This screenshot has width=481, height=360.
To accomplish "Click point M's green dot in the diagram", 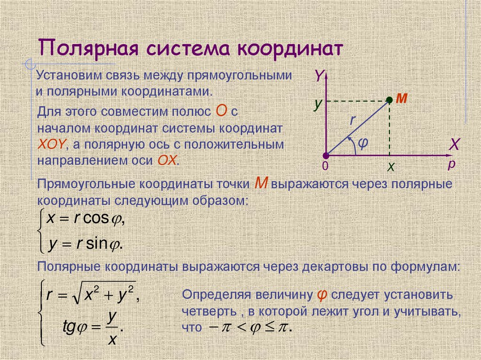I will [x=389, y=100].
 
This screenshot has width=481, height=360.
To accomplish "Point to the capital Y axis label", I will [x=319, y=76].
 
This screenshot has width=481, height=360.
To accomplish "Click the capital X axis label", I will [x=453, y=144].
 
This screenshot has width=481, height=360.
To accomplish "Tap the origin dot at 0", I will [x=326, y=155].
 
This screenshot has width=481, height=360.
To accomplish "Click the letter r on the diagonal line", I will [x=352, y=120].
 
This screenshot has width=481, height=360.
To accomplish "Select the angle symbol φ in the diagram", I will [x=362, y=142].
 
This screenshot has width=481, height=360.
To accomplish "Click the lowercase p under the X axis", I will [x=451, y=164].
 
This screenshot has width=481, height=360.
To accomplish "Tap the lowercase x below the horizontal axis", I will [x=390, y=167].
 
